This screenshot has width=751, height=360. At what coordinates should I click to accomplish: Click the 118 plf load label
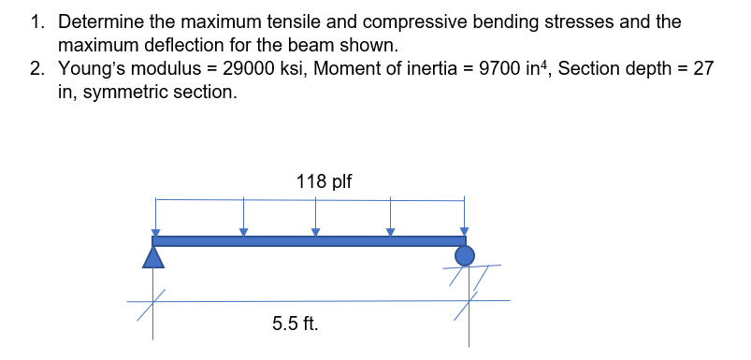point(324,181)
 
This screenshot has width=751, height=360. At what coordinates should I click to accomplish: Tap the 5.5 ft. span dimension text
point(295,325)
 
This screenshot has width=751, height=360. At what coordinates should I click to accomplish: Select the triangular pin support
point(154,256)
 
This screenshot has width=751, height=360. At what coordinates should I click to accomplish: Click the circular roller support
point(464,255)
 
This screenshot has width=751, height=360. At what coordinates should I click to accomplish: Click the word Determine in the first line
point(99,21)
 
